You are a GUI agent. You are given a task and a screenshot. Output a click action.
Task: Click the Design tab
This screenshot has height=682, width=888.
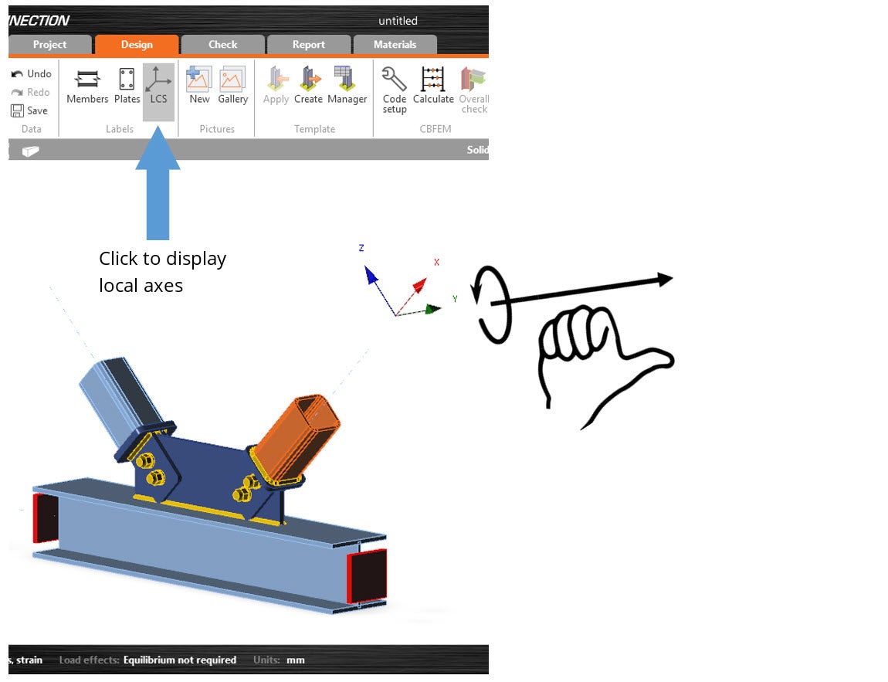coord(137,45)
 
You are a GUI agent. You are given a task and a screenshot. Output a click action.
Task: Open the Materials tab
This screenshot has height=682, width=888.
coord(395,45)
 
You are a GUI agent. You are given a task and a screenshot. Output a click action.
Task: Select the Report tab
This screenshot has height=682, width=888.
coord(309,45)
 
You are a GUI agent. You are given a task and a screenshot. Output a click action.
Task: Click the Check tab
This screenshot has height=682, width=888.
coord(222,45)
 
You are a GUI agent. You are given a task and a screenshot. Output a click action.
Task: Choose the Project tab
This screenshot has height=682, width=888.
coord(50,45)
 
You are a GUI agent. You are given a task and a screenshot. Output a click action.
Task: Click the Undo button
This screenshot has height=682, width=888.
coord(32,73)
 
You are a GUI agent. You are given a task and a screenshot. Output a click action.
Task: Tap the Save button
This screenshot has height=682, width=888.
coord(29,110)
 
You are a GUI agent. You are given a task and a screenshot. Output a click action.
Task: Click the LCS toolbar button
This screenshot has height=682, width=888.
coord(158,86)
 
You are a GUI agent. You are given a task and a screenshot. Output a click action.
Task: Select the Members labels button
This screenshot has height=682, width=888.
coord(87,86)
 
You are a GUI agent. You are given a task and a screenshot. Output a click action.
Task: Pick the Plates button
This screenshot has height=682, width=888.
coord(127,86)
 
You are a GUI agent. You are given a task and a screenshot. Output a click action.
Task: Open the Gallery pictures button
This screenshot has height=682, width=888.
coord(232,86)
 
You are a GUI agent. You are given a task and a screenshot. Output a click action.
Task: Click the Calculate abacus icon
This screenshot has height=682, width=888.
coord(433,79)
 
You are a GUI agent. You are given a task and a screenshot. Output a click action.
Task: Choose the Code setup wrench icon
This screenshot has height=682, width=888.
coord(394,79)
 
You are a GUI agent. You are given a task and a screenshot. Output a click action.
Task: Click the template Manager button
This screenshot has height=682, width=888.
coord(347,86)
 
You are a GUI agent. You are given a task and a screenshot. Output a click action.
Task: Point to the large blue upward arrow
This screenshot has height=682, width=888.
coord(158,182)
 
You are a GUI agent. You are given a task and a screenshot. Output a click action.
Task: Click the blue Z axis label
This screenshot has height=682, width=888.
coord(361,248)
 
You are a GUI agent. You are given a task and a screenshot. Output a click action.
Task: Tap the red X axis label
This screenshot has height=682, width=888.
coord(436,263)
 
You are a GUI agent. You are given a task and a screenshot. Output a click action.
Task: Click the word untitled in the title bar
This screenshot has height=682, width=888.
coord(398,21)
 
